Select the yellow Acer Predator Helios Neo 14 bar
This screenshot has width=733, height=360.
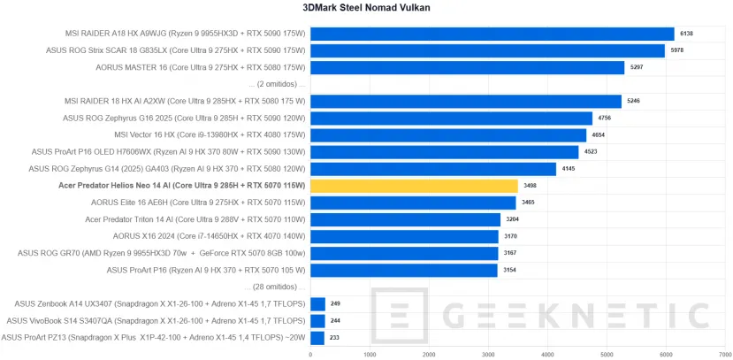[414, 186]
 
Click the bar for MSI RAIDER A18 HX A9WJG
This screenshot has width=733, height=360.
[492, 34]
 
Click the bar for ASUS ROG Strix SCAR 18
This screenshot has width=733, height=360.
[487, 51]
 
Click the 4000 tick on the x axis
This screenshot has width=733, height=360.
[547, 354]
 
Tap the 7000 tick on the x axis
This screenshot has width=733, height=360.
[725, 354]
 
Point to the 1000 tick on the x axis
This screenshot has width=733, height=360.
[370, 354]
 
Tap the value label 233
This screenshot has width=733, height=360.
[335, 337]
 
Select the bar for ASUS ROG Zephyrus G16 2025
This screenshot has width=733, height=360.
[451, 118]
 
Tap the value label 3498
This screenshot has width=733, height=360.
[529, 186]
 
